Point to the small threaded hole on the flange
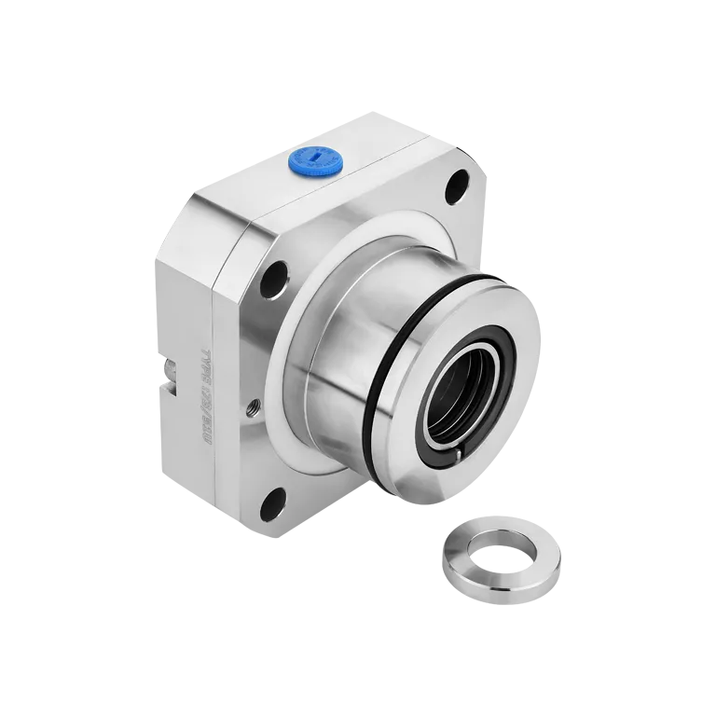point(253,407)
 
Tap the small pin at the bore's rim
point(463,453)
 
